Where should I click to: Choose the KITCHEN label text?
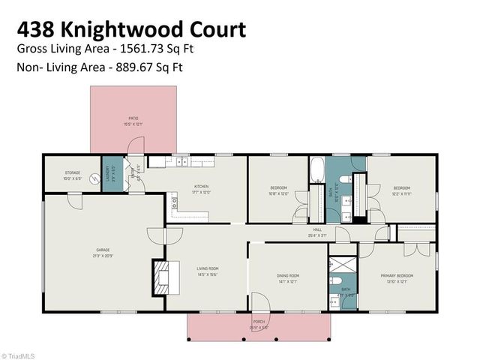tap(201, 186)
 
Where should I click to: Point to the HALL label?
tap(317, 230)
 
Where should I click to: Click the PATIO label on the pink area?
tap(133, 118)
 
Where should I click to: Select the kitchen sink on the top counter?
tap(180, 160)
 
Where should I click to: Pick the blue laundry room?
tap(109, 178)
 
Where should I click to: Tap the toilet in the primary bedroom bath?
tap(334, 303)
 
